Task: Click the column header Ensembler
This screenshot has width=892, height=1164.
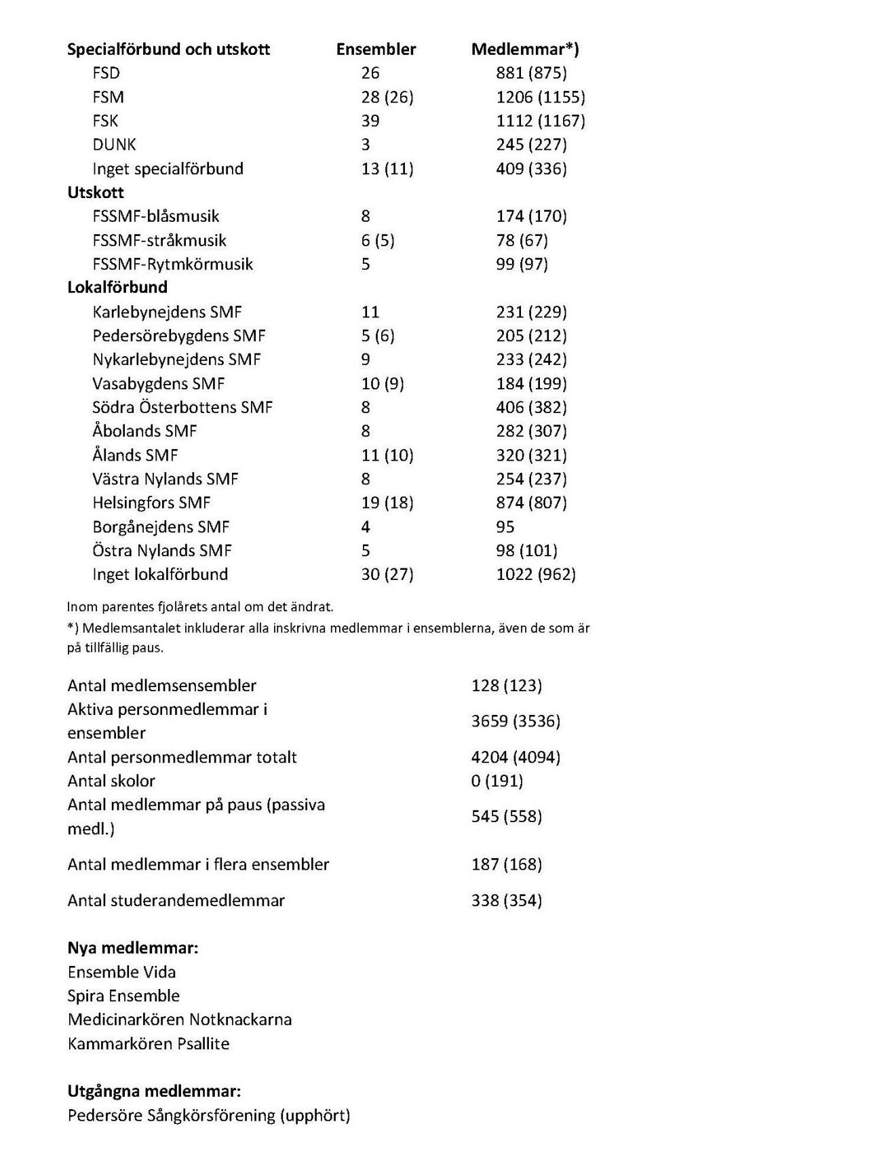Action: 376,50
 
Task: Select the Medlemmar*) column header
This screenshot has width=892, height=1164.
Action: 525,50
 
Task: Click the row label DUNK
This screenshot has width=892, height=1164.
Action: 114,144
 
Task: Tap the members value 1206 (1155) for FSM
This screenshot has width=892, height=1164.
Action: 540,97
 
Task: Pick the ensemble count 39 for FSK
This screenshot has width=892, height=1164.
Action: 370,121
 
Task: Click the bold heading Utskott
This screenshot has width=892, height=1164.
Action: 96,193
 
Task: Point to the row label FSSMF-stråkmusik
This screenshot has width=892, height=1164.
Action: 159,240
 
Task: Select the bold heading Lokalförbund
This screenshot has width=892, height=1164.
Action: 117,287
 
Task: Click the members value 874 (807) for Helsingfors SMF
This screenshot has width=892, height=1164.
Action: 531,503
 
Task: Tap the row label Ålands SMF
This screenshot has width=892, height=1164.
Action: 135,455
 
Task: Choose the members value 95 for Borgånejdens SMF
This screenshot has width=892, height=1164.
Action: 505,527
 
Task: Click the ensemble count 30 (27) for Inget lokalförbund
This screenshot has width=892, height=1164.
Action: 387,575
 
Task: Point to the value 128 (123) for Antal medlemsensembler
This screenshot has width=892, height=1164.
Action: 507,686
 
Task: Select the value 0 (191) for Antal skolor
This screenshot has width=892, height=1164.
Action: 497,781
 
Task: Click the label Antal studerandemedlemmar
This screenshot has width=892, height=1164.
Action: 176,901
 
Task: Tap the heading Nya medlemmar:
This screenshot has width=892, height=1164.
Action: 133,948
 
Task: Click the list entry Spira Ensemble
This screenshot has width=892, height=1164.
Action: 123,996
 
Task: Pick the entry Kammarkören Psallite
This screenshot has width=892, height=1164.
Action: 149,1044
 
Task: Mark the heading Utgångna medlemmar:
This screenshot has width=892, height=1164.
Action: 154,1091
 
